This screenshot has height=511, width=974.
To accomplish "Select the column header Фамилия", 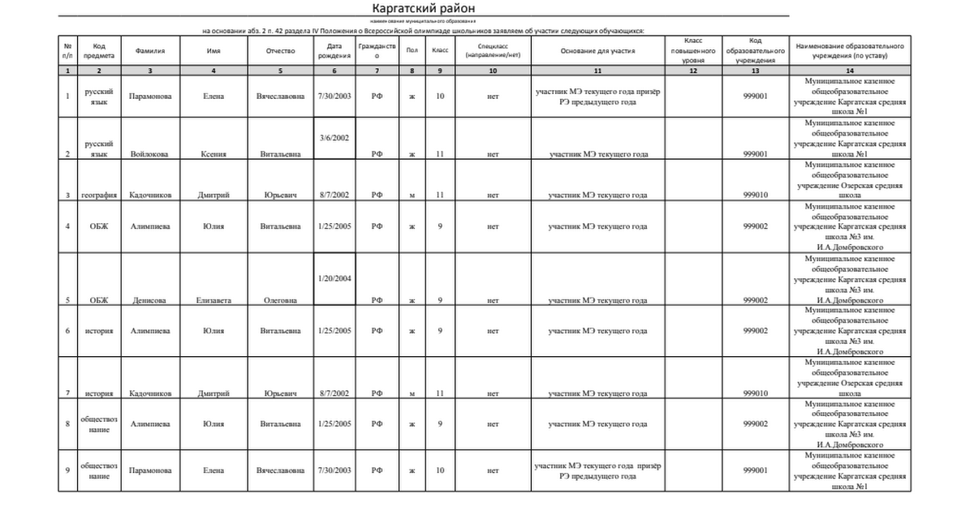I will pos(150,50).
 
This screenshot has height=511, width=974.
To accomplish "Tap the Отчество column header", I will pos(280,50).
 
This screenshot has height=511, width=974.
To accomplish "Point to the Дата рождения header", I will pos(334,50).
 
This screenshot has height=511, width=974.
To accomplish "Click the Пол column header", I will pos(412,50).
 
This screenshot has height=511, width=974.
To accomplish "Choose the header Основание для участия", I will pos(597,50).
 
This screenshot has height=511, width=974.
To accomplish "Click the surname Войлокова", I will pos(150,153).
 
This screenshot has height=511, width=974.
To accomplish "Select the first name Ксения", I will pos(213,153).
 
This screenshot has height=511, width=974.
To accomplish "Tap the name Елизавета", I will pos(213,300).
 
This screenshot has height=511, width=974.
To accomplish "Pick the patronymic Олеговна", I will pos(280,300).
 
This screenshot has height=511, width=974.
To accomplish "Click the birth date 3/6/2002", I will pos(334,138).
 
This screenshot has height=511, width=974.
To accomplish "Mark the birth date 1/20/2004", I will pos(334,278).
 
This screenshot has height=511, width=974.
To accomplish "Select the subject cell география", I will pos(100,195).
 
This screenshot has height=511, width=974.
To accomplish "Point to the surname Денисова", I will pos(150,300).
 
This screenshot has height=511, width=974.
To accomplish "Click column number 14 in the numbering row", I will pos(849,71).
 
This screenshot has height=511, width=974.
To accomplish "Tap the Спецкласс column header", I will pos(493,50).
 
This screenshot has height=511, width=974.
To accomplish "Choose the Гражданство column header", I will pos(377,50).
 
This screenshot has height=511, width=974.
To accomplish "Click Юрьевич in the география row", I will pos(280,195).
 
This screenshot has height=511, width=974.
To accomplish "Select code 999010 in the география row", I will pos(755,195).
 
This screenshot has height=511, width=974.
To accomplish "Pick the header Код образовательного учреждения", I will pos(755,50).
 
